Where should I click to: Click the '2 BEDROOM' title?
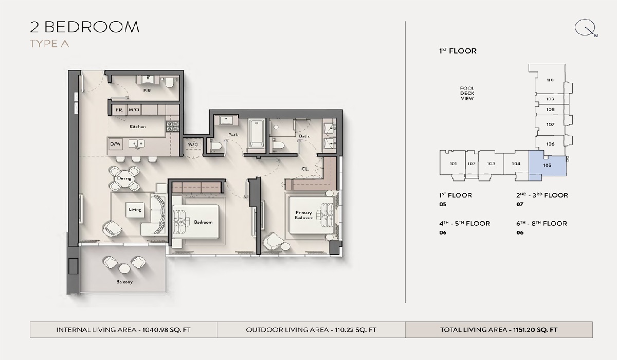click(85, 27)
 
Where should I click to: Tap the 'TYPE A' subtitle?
click(49, 44)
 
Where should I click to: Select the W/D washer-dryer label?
click(193, 145)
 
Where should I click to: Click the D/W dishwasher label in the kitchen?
click(115, 144)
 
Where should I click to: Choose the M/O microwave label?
click(134, 110)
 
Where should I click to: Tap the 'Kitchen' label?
click(137, 127)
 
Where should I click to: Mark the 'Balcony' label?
click(124, 282)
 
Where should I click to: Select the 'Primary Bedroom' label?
click(303, 215)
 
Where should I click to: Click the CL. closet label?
click(305, 168)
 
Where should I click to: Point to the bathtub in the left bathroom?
click(256, 134)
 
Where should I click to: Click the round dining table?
click(124, 178)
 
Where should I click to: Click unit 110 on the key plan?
click(550, 80)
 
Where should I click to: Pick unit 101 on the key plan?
click(453, 164)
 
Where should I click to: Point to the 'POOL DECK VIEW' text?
click(467, 93)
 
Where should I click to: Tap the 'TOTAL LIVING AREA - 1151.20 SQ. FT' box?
click(499, 330)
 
